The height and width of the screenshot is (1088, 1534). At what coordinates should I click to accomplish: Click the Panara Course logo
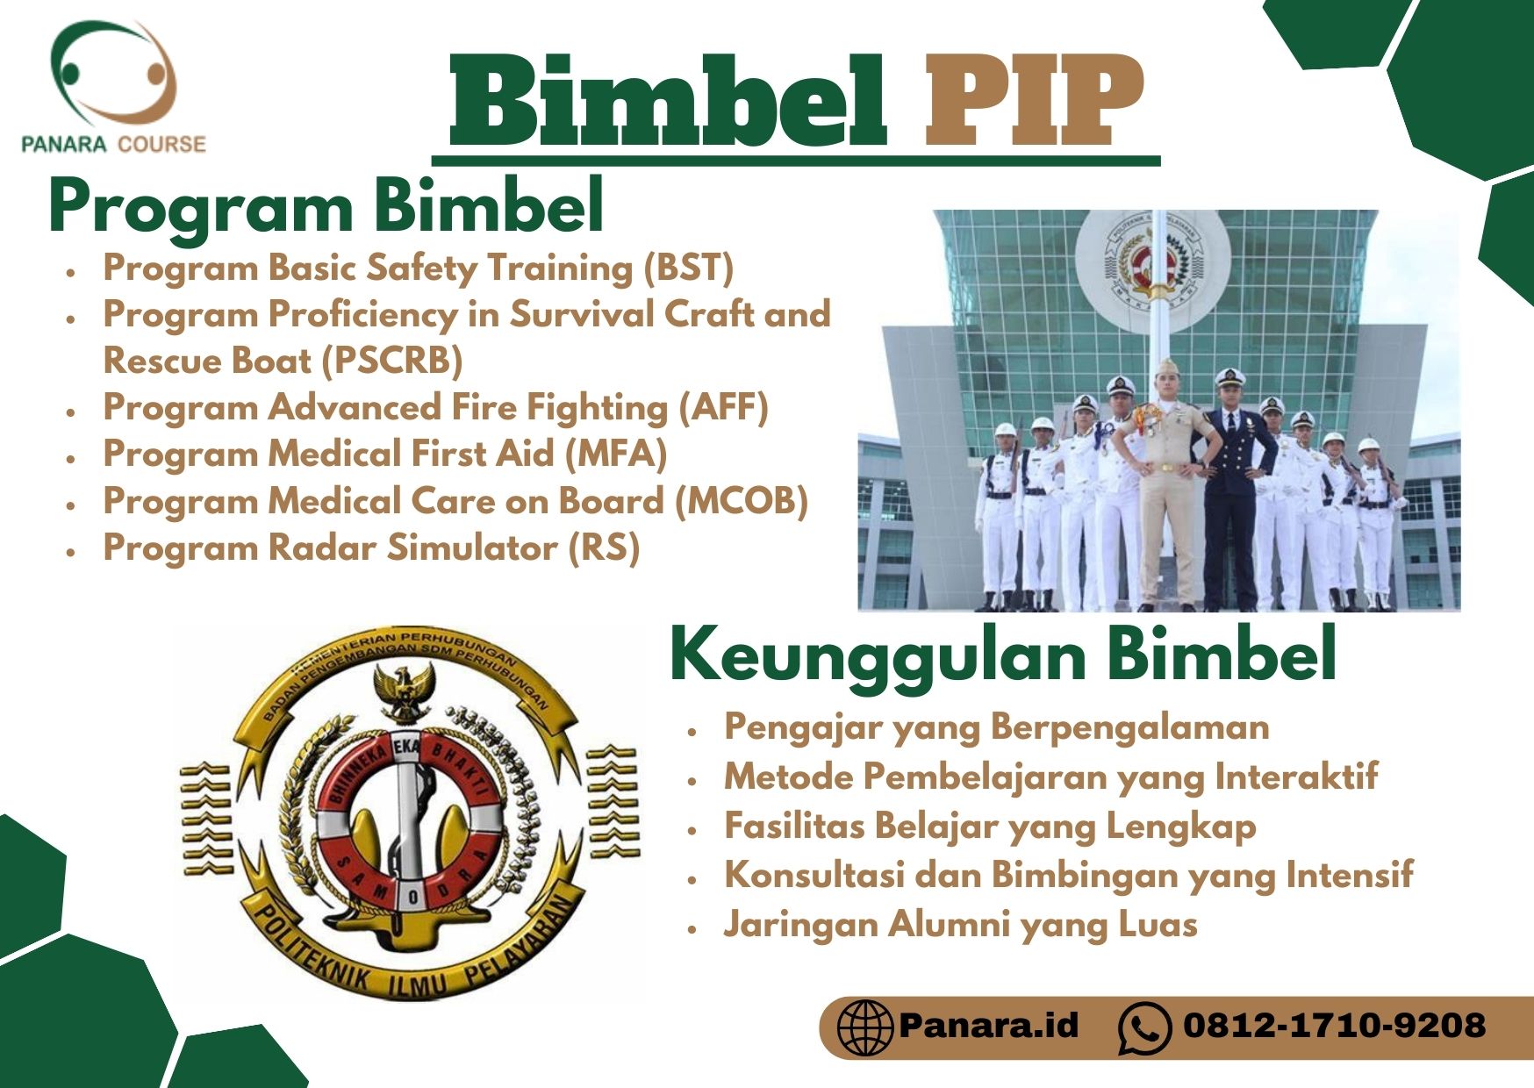(113, 88)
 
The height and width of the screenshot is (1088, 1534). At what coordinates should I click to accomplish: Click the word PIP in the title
(1035, 99)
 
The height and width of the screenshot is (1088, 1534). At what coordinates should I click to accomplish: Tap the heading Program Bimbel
(326, 207)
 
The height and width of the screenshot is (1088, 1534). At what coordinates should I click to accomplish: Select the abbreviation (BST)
(688, 268)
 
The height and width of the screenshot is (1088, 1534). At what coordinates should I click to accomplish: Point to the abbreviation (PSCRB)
(391, 361)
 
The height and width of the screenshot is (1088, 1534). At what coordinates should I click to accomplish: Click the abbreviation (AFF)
(723, 407)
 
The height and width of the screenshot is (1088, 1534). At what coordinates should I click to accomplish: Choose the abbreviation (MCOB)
(741, 501)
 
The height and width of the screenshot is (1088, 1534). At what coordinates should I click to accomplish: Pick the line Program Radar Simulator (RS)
(371, 548)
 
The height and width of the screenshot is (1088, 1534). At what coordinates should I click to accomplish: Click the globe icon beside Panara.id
(864, 1027)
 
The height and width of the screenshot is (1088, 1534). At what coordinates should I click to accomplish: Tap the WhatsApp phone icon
(1145, 1027)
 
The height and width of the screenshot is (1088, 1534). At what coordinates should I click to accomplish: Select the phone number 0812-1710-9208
(1334, 1025)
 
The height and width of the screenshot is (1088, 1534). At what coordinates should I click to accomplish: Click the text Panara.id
(988, 1025)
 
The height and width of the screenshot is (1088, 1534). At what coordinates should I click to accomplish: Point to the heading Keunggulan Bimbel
(1003, 654)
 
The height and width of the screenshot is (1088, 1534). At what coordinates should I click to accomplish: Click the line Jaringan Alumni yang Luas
(961, 925)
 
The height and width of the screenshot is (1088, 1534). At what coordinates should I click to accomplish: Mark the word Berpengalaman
(1130, 727)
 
